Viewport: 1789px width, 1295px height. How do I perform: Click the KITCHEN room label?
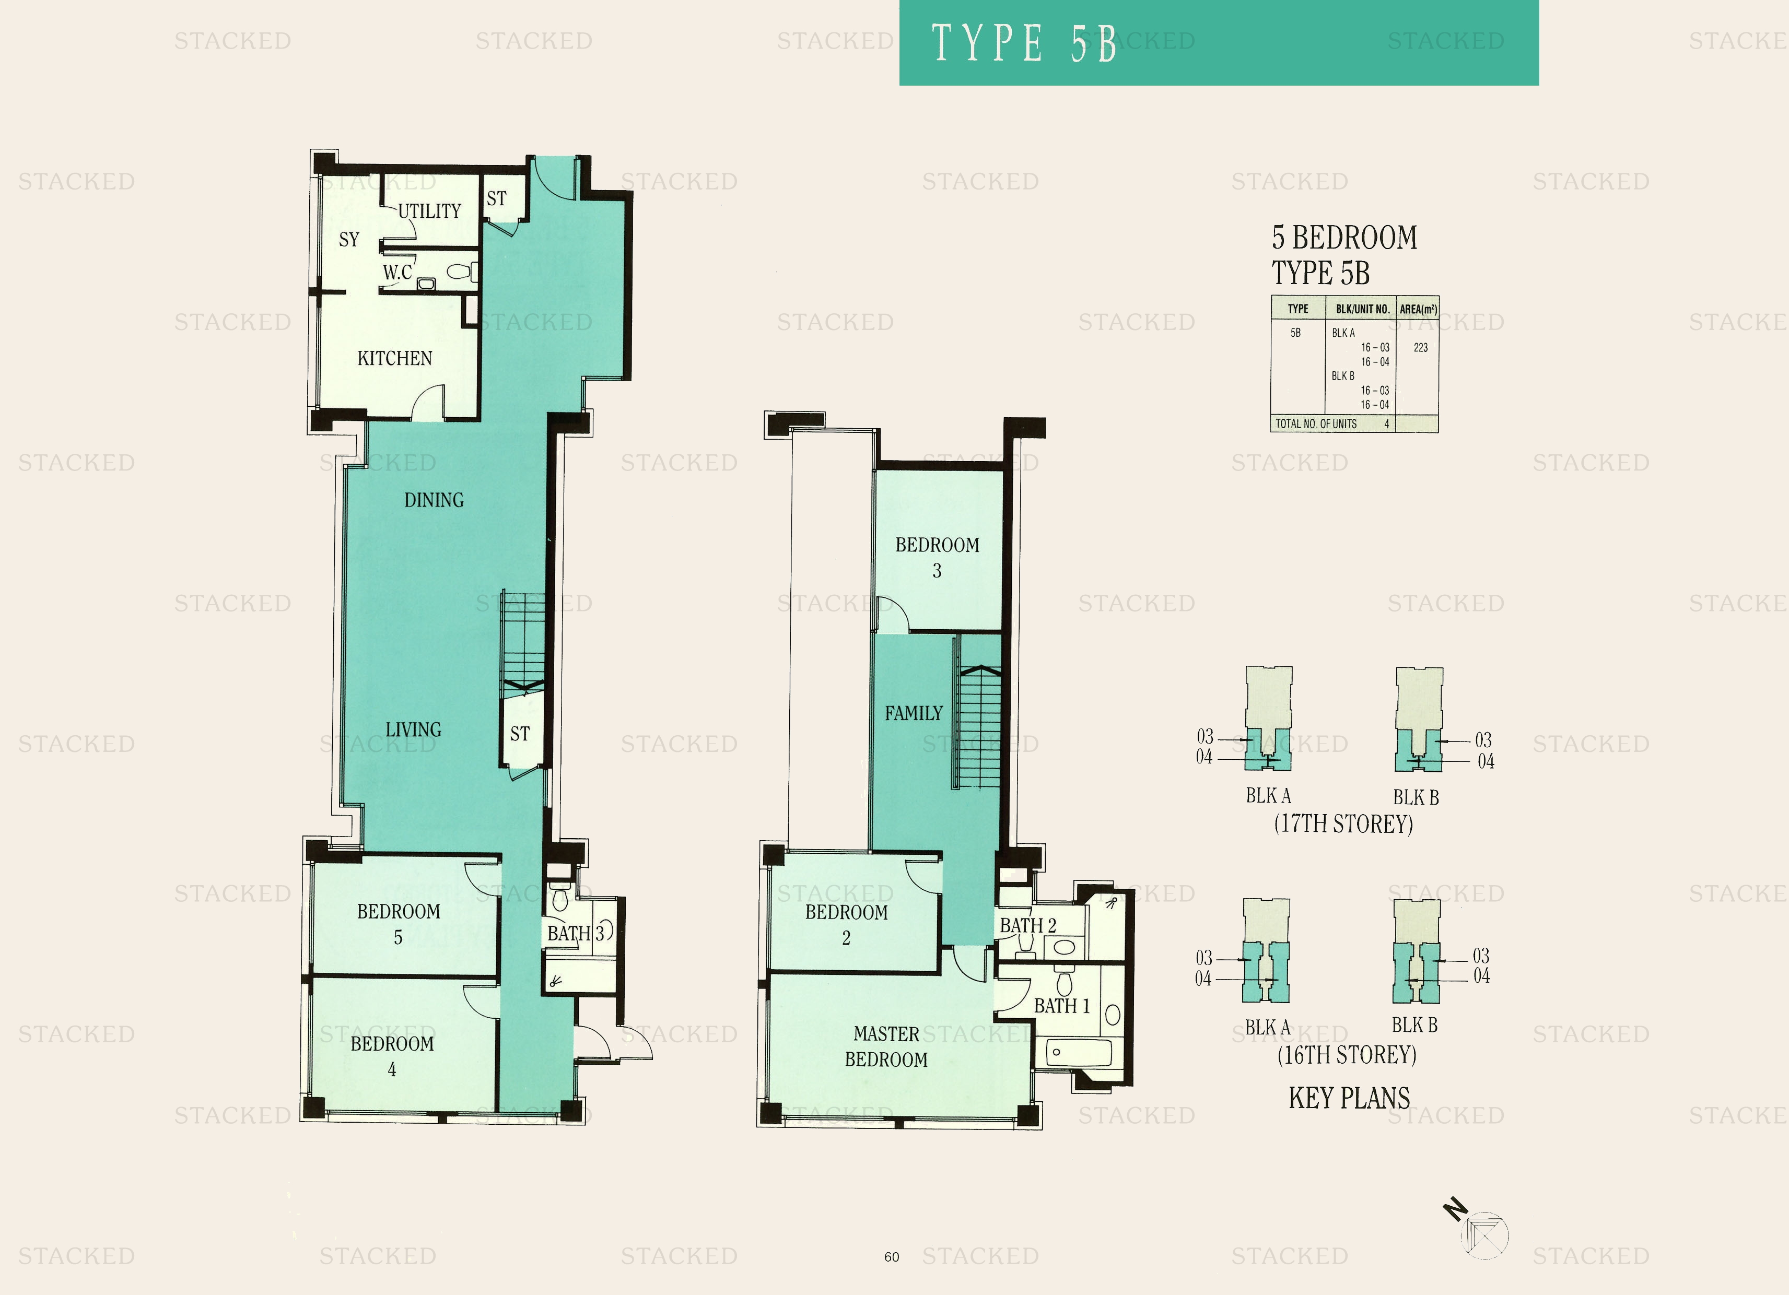click(394, 359)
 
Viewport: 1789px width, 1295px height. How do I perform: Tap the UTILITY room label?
click(429, 211)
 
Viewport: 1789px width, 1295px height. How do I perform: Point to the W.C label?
click(397, 272)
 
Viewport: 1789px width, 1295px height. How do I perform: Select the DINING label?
click(434, 500)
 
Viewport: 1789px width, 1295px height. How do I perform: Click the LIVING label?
click(413, 729)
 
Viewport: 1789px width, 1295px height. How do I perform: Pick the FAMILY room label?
click(914, 713)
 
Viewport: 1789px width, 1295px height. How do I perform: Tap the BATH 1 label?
click(1062, 1006)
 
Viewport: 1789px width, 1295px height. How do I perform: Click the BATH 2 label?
click(1028, 925)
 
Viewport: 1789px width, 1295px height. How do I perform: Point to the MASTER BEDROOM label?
click(886, 1046)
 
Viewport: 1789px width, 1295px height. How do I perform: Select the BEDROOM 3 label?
click(937, 558)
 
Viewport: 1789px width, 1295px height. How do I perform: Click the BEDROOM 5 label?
click(399, 924)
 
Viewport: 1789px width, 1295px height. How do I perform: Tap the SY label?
click(348, 239)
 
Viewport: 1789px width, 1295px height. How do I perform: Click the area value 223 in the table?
click(1421, 348)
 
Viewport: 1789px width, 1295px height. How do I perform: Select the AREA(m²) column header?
click(1418, 309)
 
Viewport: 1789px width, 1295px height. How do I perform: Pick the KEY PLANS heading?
click(1349, 1098)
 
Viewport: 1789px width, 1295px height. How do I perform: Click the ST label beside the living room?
click(520, 734)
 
